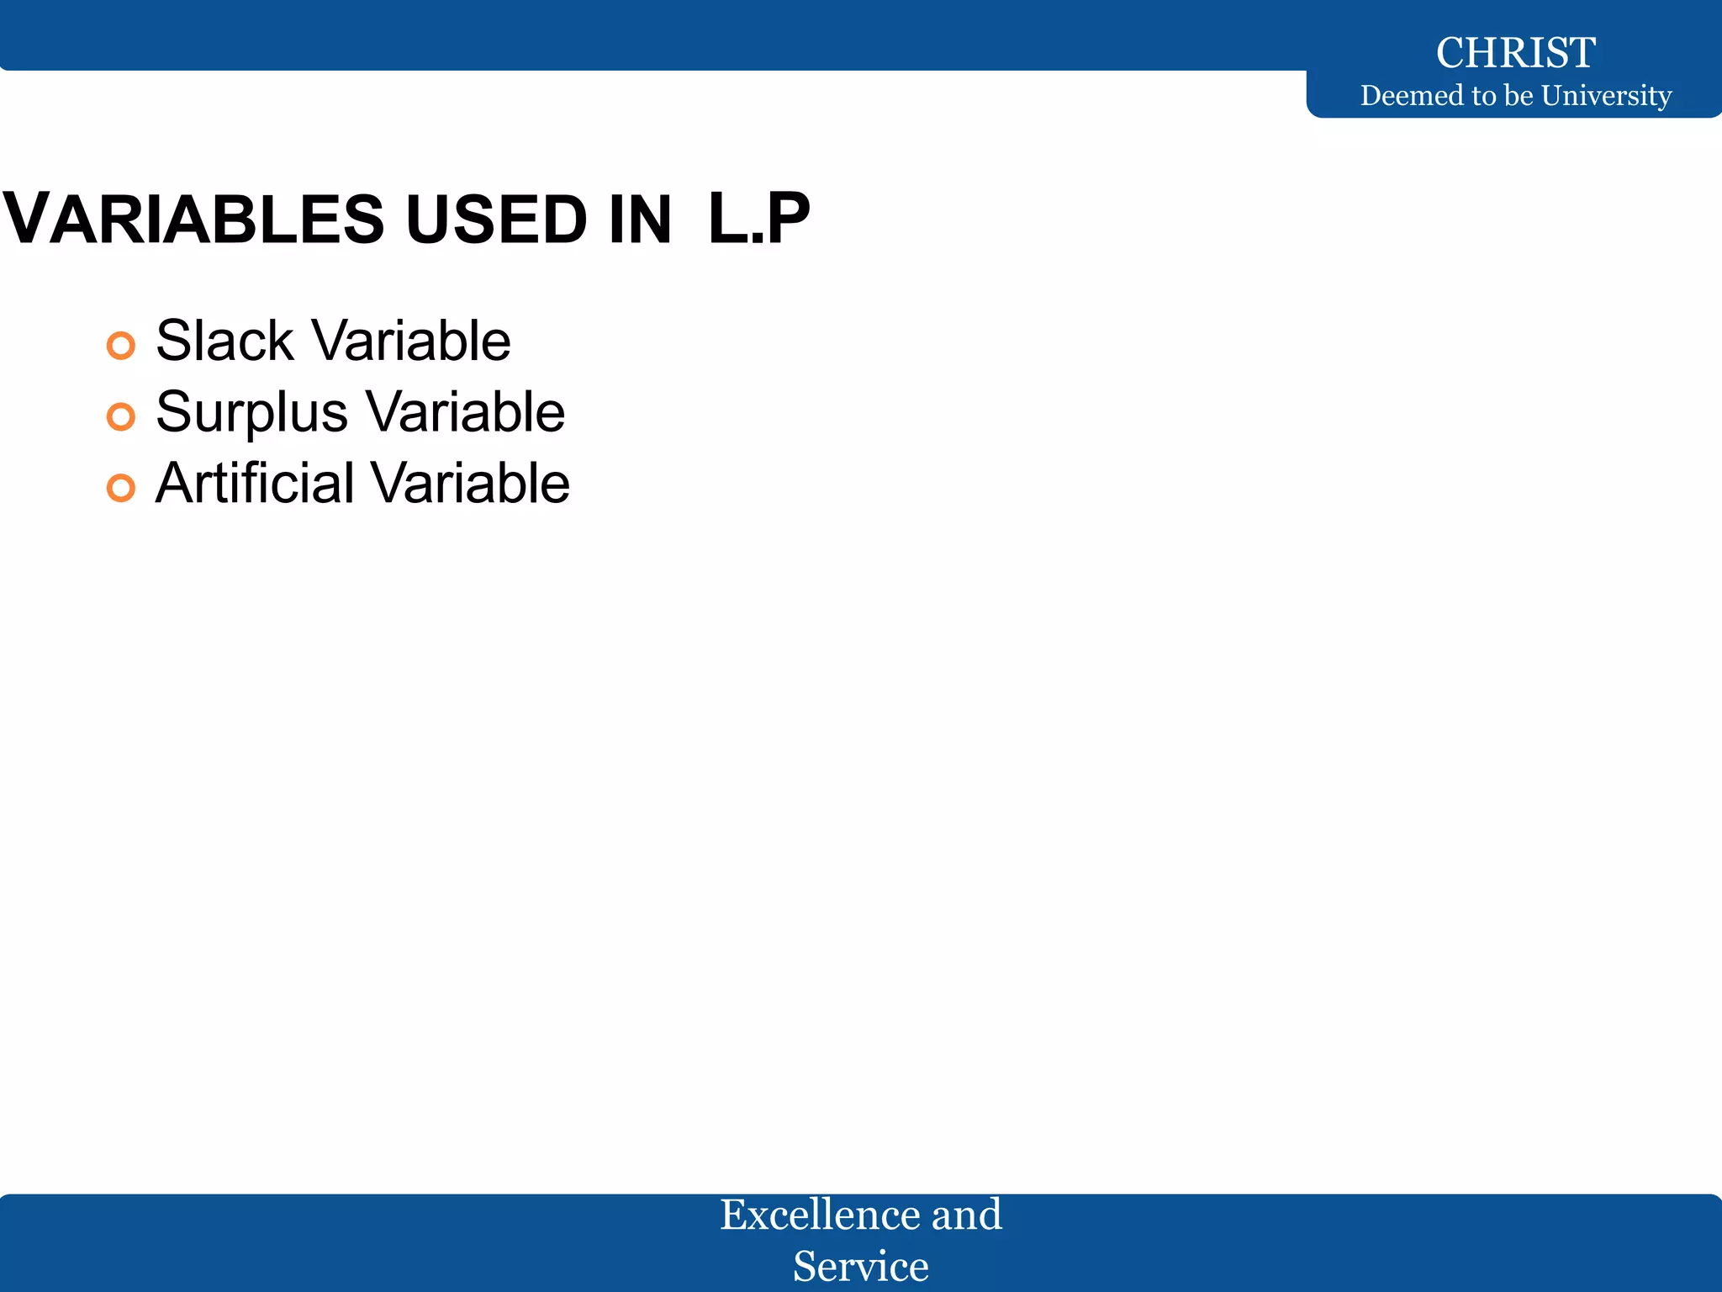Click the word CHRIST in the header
pos(1515,53)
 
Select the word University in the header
pos(1606,96)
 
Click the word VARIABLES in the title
pos(194,220)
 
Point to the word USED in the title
pos(496,220)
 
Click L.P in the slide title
pos(758,220)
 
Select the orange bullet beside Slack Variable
pos(121,345)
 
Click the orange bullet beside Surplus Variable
pos(121,416)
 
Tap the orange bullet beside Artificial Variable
pos(121,488)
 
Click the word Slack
pos(224,341)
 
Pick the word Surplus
pos(251,413)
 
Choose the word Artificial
pos(255,484)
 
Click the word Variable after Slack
pos(411,341)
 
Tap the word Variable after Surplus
pos(466,412)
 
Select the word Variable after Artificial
pos(470,484)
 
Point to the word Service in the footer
pos(861,1266)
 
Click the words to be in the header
pos(1503,96)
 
